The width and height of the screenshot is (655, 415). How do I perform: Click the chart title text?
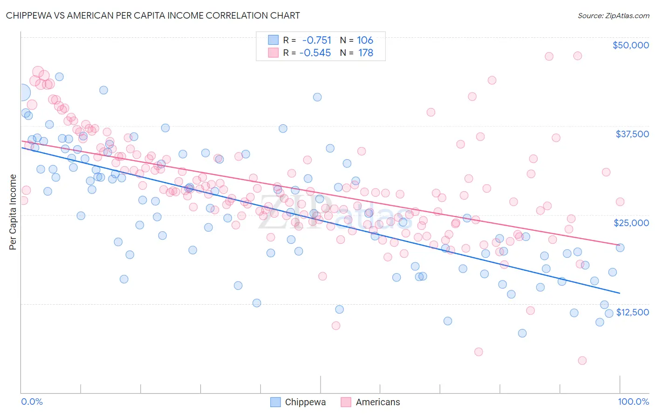(x=153, y=15)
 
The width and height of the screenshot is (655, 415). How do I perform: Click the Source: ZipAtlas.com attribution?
(x=613, y=15)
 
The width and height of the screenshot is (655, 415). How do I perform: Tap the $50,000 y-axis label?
(x=630, y=45)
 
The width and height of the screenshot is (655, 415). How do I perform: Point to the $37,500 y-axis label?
(x=632, y=134)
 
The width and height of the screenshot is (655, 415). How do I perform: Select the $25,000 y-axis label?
(x=631, y=223)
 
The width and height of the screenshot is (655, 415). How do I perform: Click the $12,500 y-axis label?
(x=632, y=312)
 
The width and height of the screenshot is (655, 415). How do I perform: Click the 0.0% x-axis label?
(x=32, y=402)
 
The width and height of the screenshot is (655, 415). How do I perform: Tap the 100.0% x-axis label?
(x=633, y=402)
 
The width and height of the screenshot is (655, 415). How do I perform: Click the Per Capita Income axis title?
(x=13, y=212)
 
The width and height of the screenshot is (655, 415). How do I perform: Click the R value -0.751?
(x=317, y=40)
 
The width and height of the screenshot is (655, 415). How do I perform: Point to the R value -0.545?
(x=315, y=53)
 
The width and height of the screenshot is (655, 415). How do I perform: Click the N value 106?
(x=365, y=40)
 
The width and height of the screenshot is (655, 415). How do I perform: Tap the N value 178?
(x=366, y=53)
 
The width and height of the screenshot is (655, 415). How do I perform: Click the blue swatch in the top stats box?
(x=273, y=40)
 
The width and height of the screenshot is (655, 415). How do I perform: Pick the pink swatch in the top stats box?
(x=273, y=53)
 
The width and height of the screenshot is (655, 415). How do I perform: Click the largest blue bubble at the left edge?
(x=21, y=93)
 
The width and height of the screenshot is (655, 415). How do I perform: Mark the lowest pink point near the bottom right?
(x=582, y=361)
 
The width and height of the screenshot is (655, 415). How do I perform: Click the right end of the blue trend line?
(x=620, y=293)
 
